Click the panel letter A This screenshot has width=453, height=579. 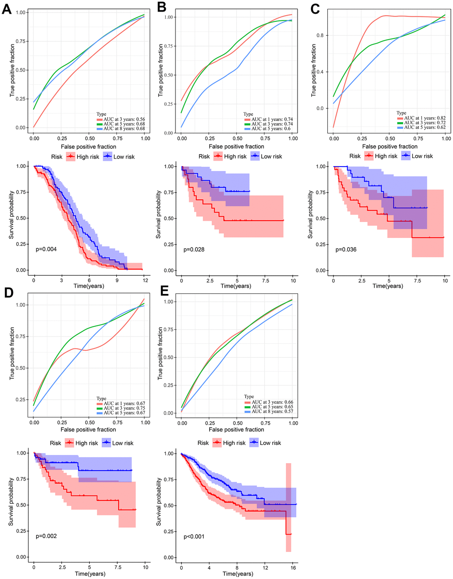(6, 9)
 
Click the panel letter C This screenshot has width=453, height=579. (315, 9)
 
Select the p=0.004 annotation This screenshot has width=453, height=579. (46, 250)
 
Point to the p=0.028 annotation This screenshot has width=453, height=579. (194, 250)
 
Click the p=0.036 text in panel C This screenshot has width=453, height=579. (346, 250)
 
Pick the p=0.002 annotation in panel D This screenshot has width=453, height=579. (46, 536)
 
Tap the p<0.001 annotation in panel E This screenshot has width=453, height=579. (194, 537)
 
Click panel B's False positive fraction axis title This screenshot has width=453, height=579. (236, 147)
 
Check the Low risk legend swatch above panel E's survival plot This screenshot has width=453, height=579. (254, 443)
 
